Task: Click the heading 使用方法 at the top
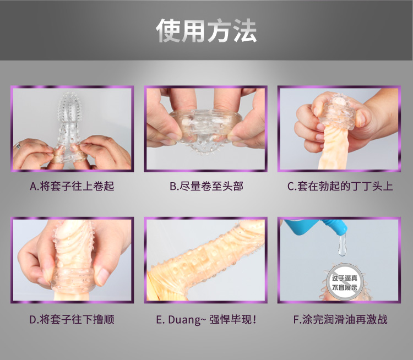click(206, 31)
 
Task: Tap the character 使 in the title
click(169, 31)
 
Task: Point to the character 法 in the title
click(244, 31)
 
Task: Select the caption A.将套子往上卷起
click(72, 186)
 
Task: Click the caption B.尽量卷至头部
click(206, 186)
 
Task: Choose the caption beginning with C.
click(340, 186)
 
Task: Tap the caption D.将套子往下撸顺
click(72, 319)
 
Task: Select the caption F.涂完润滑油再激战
click(340, 319)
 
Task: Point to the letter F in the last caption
click(296, 319)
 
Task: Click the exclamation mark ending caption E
click(254, 319)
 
